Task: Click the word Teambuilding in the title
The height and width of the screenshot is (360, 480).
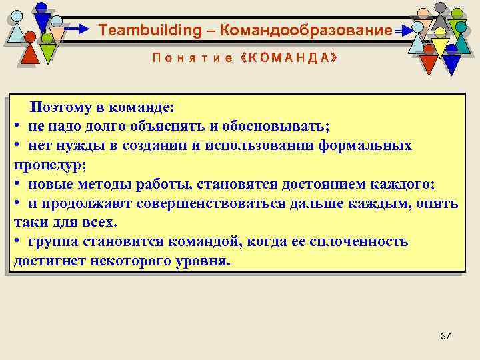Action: [x=140, y=31]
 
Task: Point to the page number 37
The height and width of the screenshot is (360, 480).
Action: [x=445, y=337]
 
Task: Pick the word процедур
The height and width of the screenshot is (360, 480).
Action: [x=43, y=164]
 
